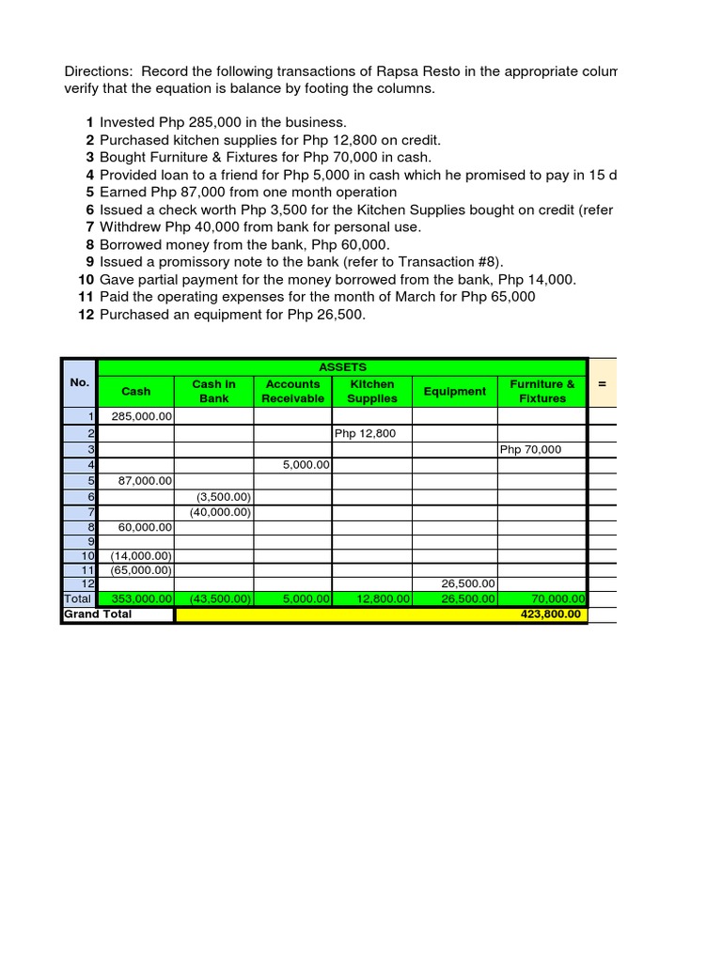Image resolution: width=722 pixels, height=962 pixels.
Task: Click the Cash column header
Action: click(x=136, y=392)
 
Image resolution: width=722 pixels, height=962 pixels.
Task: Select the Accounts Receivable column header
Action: click(x=293, y=392)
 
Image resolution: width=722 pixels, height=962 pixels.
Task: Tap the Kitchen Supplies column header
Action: click(x=372, y=392)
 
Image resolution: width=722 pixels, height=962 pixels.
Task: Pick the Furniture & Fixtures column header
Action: click(x=542, y=392)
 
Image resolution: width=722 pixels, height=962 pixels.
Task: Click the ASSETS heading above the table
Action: click(x=342, y=367)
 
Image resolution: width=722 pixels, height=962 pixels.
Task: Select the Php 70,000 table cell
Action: click(x=530, y=449)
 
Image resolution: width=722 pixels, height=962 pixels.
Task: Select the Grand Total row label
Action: click(x=98, y=614)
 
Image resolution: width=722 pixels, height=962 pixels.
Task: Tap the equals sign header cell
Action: click(x=602, y=383)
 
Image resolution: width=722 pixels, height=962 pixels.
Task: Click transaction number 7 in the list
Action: click(x=89, y=227)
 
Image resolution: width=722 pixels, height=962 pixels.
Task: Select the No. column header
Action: click(x=79, y=382)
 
